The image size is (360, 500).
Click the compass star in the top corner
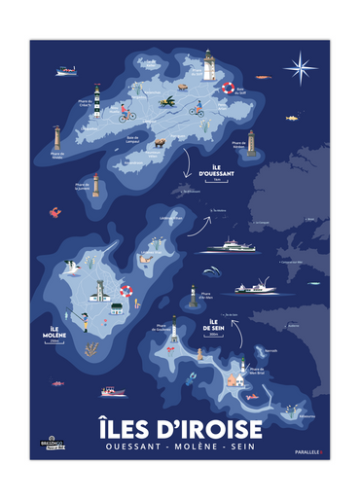pos(301,67)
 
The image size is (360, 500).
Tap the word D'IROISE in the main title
pos(217,428)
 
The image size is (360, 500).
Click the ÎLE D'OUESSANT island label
pos(211,171)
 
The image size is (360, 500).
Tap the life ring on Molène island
pos(126,290)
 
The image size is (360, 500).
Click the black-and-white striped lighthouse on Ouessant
pos(97,104)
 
